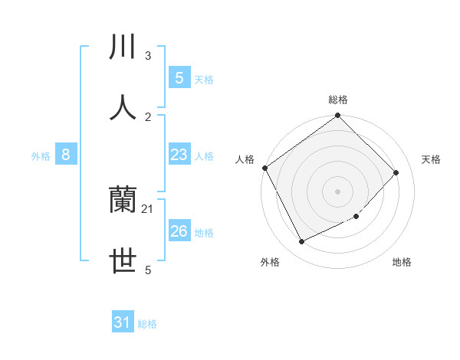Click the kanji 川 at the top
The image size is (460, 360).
pos(123,47)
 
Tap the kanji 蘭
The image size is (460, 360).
pos(123,201)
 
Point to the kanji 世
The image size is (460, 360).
pos(123,261)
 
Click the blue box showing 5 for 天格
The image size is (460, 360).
pos(179,77)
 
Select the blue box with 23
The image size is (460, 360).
pos(179,155)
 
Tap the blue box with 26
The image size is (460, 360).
pos(179,231)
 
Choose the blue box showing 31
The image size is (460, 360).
pos(123,322)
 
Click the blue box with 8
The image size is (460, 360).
pos(66,155)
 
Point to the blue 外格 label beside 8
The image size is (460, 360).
pos(41,156)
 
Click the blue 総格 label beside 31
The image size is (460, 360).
pos(147,324)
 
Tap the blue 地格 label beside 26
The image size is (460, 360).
pos(204,233)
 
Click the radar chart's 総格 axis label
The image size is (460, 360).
pos(338,100)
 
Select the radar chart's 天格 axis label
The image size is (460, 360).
pos(432,159)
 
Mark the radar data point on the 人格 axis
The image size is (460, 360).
pos(264,168)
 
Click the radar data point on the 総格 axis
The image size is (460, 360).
pos(338,116)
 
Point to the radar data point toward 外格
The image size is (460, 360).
pos(301,242)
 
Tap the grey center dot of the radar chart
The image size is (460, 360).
pos(338,191)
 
